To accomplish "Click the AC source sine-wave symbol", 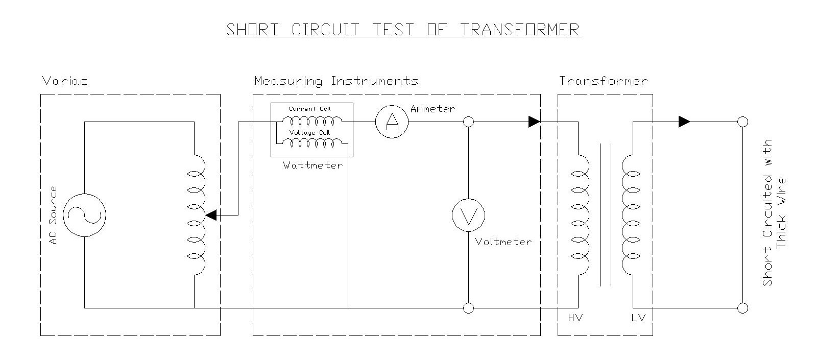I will (x=84, y=215).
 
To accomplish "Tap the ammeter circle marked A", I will (x=392, y=122).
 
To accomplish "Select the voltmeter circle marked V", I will (x=468, y=215).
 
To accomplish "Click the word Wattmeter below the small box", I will (x=313, y=165).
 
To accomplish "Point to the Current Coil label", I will (x=310, y=109).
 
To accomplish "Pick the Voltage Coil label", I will (x=310, y=133).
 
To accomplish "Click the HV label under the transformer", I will (x=575, y=318).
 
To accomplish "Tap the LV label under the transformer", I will (x=638, y=318).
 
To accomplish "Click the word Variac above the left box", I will (x=65, y=81).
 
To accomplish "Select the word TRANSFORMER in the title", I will (x=521, y=30).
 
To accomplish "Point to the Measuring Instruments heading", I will (x=336, y=81).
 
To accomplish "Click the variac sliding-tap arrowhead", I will (x=210, y=215).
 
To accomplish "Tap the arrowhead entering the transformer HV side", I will (x=534, y=122).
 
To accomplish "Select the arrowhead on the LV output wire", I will (x=684, y=122).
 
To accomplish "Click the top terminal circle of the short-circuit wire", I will (x=743, y=122).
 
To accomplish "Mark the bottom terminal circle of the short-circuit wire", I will (x=743, y=308).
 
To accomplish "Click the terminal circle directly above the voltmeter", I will (x=468, y=122).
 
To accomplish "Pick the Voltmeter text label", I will (x=503, y=242).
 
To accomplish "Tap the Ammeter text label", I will (x=432, y=109).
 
